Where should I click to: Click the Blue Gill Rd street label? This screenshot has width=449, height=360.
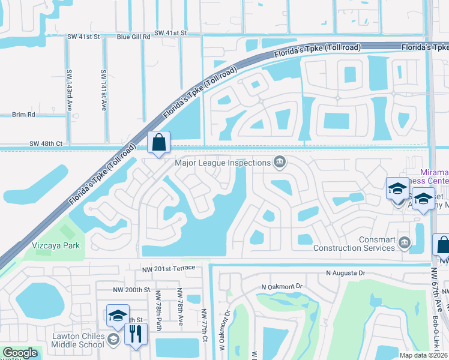tap(133, 37)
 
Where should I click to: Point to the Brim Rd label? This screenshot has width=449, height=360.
tap(23, 114)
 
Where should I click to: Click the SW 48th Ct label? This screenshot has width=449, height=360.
tap(46, 144)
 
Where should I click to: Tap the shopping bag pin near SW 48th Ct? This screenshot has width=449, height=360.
tap(158, 143)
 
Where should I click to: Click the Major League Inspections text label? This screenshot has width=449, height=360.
tap(223, 163)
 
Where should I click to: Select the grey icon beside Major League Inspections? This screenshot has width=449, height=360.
tap(279, 162)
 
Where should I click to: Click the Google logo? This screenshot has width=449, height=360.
tap(20, 353)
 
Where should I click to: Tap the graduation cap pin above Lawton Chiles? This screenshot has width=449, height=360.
tap(118, 316)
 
